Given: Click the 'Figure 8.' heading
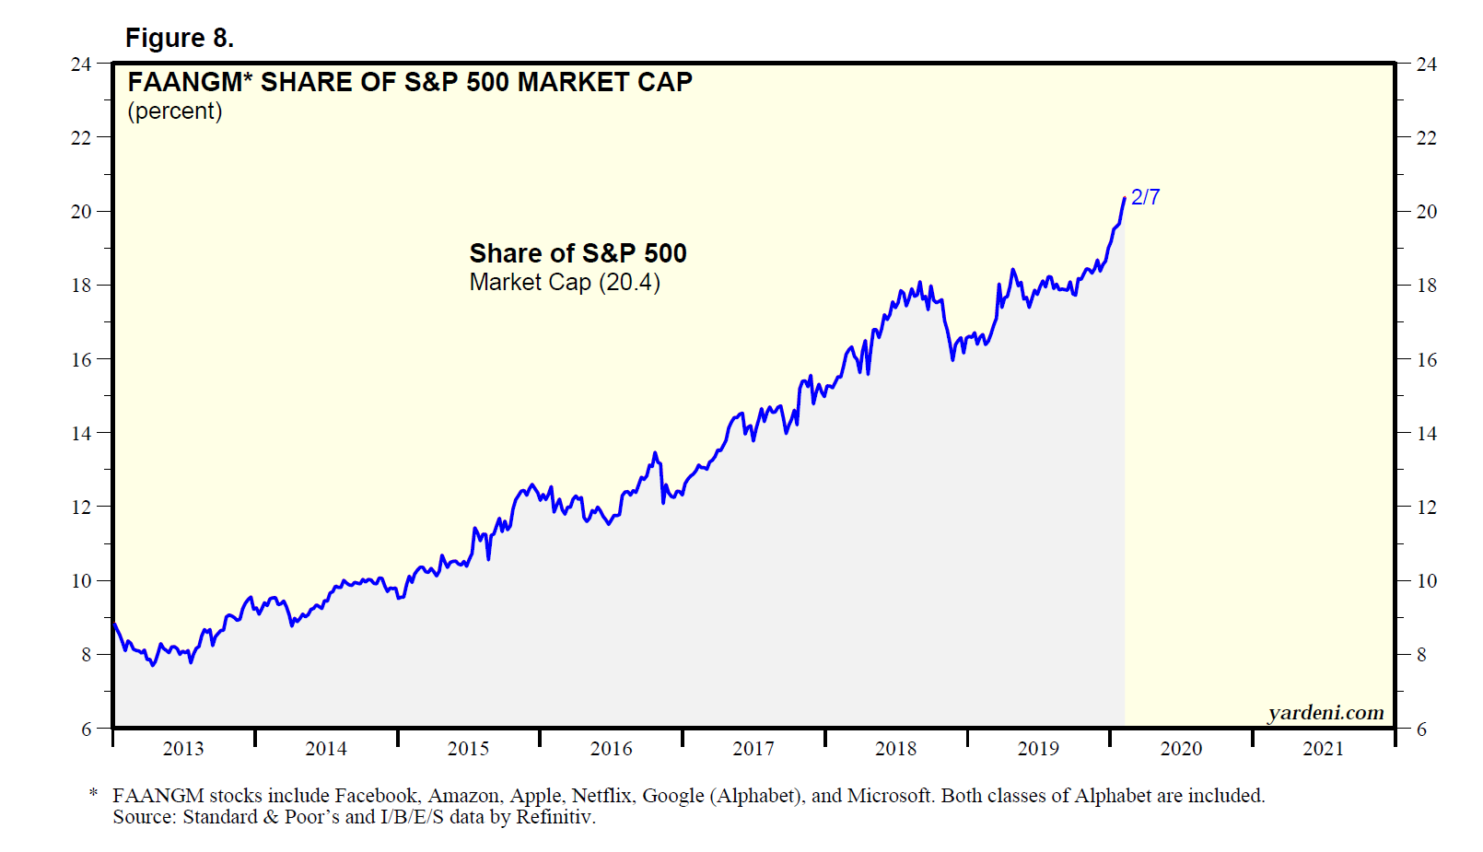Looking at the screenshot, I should pos(180,38).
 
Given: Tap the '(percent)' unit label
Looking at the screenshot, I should pos(175,111).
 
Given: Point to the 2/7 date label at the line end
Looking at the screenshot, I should pos(1145,197).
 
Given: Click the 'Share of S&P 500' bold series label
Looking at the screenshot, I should pos(578,253).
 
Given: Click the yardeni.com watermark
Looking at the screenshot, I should pos(1325,712).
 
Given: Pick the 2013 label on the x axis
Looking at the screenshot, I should pos(183,749).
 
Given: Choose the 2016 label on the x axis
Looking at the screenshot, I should pos(611,749).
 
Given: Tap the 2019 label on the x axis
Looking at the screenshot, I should pos(1038,749).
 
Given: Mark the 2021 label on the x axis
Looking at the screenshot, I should pos(1323,749).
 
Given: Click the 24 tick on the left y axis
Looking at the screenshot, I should pos(81,64).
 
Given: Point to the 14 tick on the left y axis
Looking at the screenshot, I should pos(81,433).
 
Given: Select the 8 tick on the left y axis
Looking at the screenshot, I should pos(86,655).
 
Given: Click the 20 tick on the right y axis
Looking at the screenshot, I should pos(1426,212).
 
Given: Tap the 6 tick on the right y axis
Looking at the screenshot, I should pos(1421,729).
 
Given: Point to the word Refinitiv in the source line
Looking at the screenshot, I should pos(555,817).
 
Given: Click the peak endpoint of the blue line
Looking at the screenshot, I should pos(1125,198).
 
